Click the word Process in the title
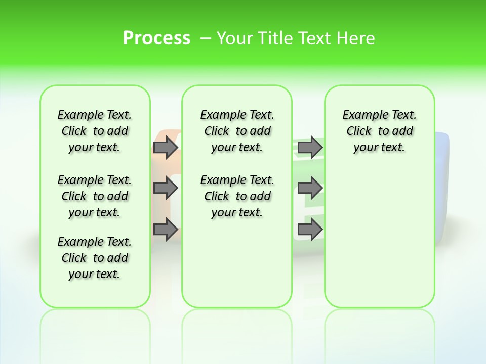[156, 38]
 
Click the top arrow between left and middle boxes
[165, 147]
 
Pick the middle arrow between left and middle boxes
[165, 188]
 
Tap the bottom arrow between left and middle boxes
[165, 230]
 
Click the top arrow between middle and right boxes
[310, 147]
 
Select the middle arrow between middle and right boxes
[310, 188]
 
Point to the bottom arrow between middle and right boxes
[310, 230]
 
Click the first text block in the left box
[95, 131]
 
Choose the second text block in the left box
[95, 196]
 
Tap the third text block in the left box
[95, 258]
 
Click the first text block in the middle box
[237, 131]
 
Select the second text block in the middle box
[237, 196]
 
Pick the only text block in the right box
[379, 131]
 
